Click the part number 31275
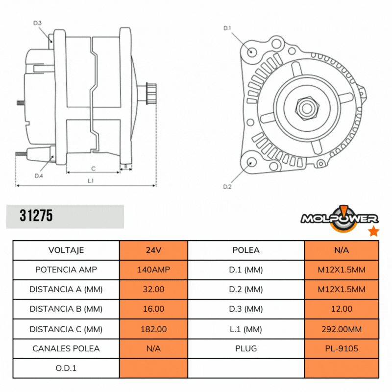point(36,216)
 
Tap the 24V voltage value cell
point(153,250)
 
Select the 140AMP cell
point(153,269)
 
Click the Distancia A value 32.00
point(153,289)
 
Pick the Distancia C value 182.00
point(153,329)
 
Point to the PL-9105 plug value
point(342,348)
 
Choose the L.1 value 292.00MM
point(342,329)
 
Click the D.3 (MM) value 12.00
point(342,309)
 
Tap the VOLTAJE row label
point(66,250)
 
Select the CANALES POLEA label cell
point(66,348)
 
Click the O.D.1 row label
point(66,368)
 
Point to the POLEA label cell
point(246,250)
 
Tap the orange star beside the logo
point(373,231)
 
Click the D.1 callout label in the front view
point(227,28)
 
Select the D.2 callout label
point(227,187)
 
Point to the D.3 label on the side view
point(37,23)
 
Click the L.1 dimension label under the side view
point(90,181)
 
